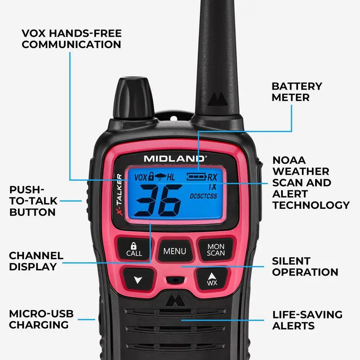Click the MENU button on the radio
(x=175, y=251)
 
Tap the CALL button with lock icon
(x=134, y=249)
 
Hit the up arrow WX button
(x=212, y=278)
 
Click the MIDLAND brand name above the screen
(x=175, y=158)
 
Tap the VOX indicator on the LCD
(x=140, y=177)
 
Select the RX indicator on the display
(x=212, y=177)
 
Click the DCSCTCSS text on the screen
(x=203, y=196)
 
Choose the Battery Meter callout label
(x=296, y=92)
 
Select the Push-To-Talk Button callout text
(x=32, y=201)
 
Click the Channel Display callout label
(x=36, y=261)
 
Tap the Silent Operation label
(x=305, y=266)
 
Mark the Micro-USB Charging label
(x=41, y=319)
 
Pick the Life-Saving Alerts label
(x=307, y=320)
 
